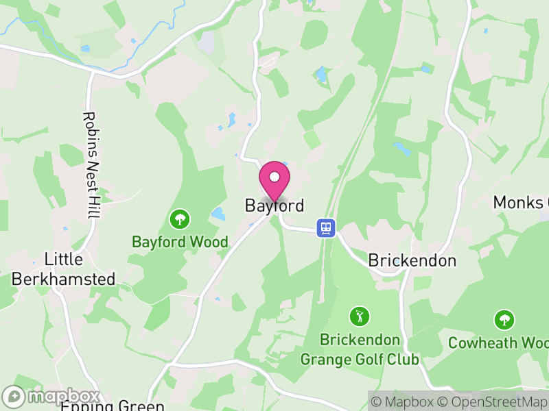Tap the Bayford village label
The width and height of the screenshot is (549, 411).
click(x=274, y=206)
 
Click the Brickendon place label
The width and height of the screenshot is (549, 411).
click(x=412, y=260)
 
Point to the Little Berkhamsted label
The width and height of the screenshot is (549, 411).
click(x=63, y=269)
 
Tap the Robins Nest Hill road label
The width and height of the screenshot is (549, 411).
click(x=89, y=166)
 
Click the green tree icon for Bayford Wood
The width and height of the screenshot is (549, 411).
click(x=180, y=219)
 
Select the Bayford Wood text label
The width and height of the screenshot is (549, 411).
click(x=180, y=242)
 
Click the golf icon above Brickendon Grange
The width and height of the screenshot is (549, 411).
click(x=359, y=316)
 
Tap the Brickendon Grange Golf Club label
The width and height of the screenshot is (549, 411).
click(x=360, y=349)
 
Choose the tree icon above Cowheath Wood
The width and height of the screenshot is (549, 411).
click(x=504, y=319)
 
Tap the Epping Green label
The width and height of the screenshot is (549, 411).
click(x=113, y=406)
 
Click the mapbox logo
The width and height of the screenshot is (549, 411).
click(x=51, y=397)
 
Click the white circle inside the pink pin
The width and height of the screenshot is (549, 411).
click(x=274, y=177)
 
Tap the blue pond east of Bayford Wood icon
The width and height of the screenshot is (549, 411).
click(x=218, y=214)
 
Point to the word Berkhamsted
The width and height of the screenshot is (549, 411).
click(x=63, y=279)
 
